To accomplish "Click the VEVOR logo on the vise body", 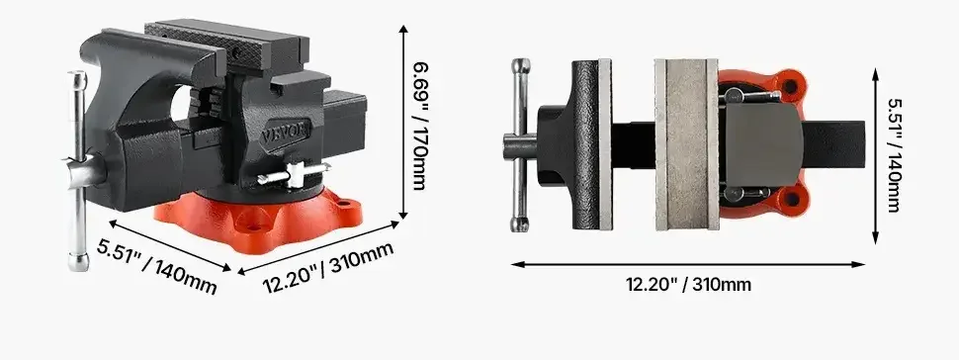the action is point(287,133).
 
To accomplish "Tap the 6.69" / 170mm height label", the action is point(419,126).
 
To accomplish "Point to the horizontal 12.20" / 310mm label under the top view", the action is point(688,285).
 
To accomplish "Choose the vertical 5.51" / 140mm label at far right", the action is point(894,155).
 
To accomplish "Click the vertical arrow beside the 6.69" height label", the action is point(402,122).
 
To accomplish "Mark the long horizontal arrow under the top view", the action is point(688,264).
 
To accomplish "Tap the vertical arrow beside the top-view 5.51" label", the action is point(876,155).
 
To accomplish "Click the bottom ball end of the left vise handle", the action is point(78,261).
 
